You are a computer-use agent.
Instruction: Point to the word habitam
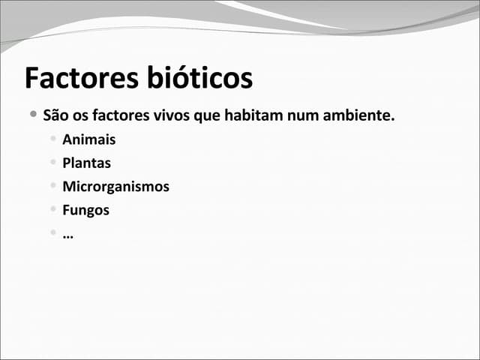click(250, 116)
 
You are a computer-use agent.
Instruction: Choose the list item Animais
click(89, 139)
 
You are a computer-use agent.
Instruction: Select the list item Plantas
click(86, 163)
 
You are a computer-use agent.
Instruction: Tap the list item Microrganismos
click(115, 187)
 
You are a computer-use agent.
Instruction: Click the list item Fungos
click(85, 210)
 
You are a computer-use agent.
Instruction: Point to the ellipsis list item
click(67, 235)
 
